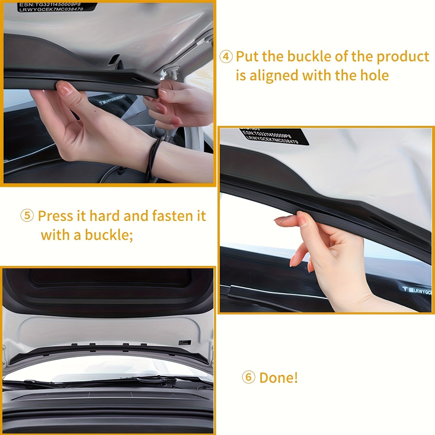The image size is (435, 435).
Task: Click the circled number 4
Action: (x=226, y=57)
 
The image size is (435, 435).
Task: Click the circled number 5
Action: (x=27, y=216)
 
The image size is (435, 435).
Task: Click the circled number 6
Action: (x=248, y=377)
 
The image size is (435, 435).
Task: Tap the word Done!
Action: (x=278, y=378)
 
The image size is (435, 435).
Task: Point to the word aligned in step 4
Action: (x=274, y=75)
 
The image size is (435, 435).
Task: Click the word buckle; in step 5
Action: (x=109, y=235)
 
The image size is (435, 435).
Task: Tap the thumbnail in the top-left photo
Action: (x=64, y=89)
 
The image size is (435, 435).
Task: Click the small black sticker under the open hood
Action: (x=185, y=343)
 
